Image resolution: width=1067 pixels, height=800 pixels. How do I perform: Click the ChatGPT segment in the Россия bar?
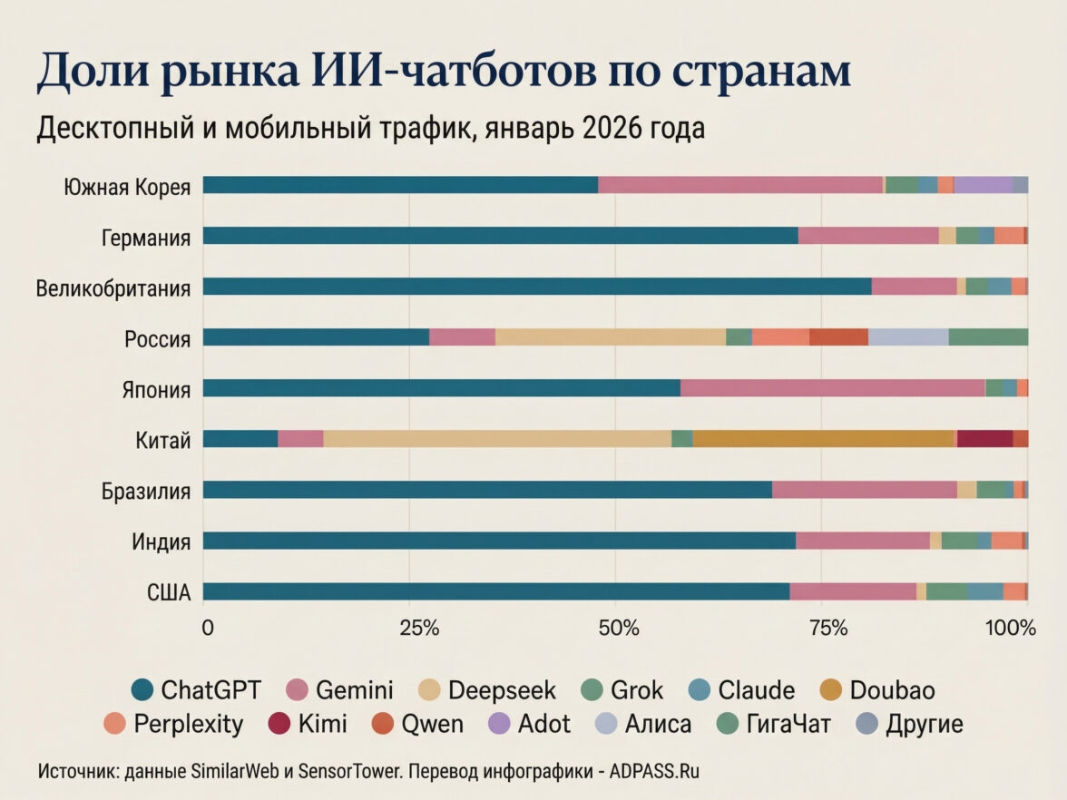click(316, 337)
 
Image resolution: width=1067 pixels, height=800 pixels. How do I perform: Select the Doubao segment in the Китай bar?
click(824, 439)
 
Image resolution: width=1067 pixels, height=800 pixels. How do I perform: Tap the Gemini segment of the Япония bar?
click(832, 388)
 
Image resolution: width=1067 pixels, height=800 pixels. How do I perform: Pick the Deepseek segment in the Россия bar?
click(611, 337)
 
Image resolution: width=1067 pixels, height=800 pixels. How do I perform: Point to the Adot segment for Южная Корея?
click(983, 185)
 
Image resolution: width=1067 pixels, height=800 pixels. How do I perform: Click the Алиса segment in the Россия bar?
click(908, 337)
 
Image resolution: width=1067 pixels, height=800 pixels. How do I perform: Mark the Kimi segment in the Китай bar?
click(984, 439)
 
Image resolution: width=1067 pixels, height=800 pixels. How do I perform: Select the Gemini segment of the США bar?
click(853, 591)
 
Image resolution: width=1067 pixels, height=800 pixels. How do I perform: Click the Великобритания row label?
click(113, 289)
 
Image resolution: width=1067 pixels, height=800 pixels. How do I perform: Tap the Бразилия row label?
click(145, 493)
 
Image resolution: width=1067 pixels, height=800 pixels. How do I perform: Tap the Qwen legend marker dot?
click(385, 724)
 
